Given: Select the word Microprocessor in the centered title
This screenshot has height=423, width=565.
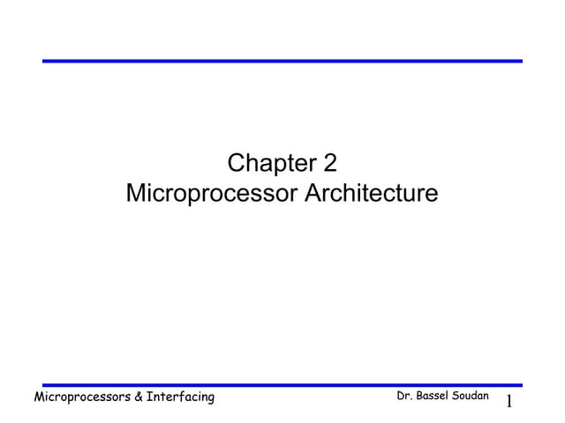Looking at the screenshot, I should pos(212,193).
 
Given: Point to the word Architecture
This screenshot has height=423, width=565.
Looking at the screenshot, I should pos(371,193).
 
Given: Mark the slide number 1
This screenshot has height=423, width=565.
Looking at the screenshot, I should pos(508,402).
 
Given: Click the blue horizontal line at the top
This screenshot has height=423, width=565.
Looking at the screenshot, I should pos(282,61).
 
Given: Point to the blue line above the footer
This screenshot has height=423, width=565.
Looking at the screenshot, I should pos(282,385).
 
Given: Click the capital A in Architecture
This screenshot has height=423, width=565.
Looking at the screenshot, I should pos(311,193).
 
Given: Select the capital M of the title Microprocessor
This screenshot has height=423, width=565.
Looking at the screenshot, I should pos(136,193).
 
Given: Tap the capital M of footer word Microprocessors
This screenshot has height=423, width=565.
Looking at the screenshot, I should pos(39,397).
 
